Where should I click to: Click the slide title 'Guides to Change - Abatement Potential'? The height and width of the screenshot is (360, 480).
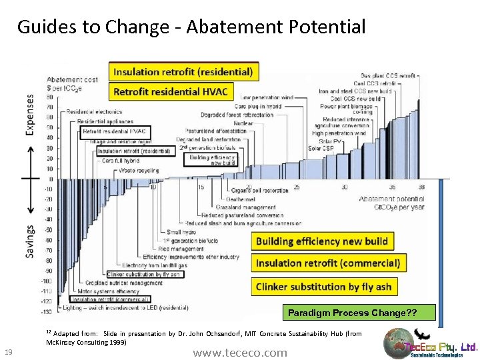[191, 27]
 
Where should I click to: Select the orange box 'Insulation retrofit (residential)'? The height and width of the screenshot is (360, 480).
[183, 71]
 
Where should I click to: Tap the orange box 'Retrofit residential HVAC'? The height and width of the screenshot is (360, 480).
[171, 91]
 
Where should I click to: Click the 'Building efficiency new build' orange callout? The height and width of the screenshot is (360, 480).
[321, 241]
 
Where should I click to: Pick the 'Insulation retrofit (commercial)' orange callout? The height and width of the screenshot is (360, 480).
[328, 263]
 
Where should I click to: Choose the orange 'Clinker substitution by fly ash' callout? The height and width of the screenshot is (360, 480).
[323, 287]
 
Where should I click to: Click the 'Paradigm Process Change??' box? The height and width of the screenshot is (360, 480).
[359, 312]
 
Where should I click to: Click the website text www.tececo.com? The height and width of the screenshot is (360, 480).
[240, 352]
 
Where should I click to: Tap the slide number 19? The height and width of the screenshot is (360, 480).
[9, 351]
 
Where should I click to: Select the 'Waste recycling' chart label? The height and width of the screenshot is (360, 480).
[139, 171]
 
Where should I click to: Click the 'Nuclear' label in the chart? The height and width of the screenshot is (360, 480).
[243, 123]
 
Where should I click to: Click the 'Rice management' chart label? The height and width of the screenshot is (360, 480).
[183, 249]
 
